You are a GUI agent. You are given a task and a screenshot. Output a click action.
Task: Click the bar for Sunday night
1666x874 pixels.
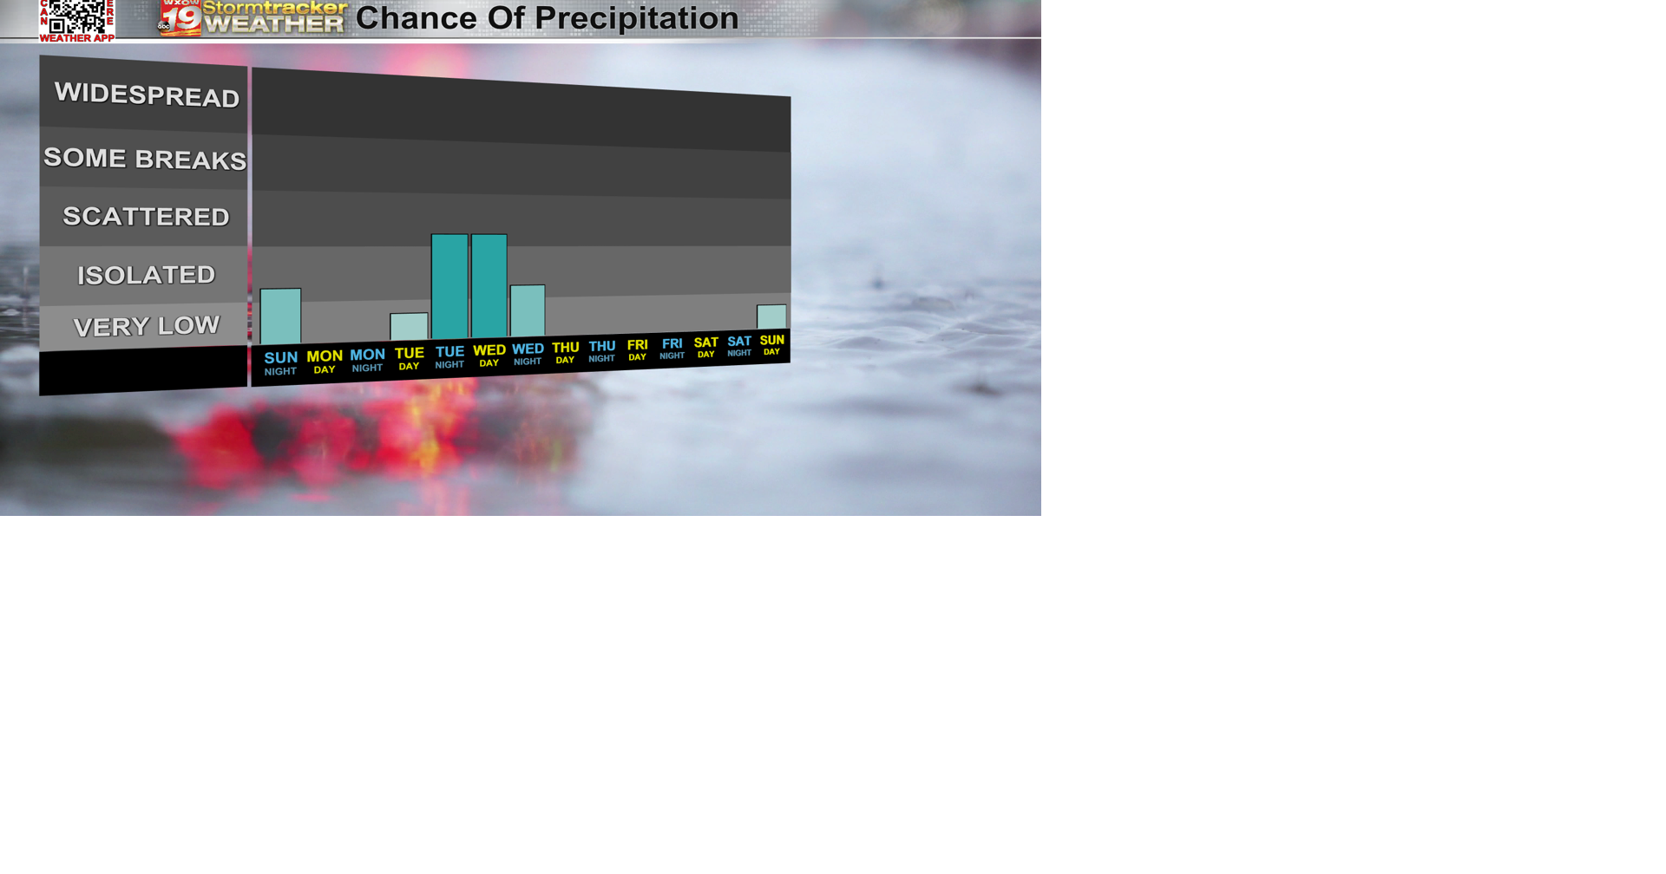point(280,316)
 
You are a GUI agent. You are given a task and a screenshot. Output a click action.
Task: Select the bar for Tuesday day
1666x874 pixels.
point(409,327)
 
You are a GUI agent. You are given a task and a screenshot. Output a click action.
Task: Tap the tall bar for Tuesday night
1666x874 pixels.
point(449,286)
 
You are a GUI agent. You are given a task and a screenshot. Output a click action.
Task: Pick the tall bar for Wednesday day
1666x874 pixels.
point(489,285)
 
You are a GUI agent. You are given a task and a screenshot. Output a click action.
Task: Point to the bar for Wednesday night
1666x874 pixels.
point(528,310)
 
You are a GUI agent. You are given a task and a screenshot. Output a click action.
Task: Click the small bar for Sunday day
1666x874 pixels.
point(771,316)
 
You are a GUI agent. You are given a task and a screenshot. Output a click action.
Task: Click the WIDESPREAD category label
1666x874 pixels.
point(147,95)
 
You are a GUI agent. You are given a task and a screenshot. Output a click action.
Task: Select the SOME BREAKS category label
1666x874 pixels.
point(145,159)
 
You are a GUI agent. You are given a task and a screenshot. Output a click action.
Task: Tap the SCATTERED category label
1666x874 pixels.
point(146,217)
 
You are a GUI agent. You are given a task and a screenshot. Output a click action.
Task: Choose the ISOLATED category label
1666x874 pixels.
point(146,275)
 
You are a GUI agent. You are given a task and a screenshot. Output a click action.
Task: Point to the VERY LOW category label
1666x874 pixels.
point(146,326)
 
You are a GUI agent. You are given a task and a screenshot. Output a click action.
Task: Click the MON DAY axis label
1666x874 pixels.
point(325,362)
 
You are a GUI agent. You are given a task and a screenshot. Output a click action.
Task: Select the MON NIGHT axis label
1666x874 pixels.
point(367,360)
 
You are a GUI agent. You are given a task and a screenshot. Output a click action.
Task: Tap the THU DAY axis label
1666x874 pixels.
point(565,353)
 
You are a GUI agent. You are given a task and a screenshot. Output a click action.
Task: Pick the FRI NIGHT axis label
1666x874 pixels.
point(672,349)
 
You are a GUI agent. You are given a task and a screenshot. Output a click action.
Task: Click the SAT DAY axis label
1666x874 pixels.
point(706,347)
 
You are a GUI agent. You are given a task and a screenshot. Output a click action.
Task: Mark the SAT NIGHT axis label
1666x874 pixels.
point(739,346)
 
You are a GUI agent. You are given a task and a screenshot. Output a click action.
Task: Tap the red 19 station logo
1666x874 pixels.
point(180,18)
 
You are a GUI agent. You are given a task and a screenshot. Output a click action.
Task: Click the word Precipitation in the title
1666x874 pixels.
point(636,18)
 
